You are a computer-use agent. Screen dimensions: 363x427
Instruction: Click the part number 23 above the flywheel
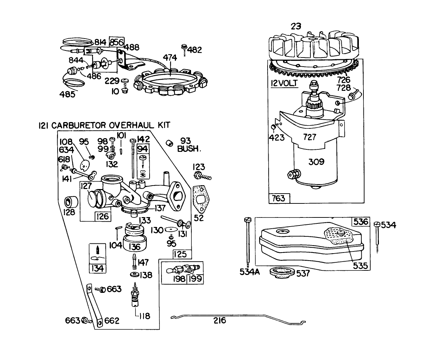[x=296, y=26]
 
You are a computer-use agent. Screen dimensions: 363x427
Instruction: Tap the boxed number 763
[x=279, y=199]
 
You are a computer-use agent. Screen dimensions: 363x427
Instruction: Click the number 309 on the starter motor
[x=316, y=162]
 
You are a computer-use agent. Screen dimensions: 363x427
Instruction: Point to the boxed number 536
[x=361, y=222]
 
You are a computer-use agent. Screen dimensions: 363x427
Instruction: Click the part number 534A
[x=249, y=271]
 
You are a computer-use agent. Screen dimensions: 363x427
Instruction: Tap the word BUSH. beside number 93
[x=189, y=149]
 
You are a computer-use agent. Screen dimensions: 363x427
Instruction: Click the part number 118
[x=144, y=316]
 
